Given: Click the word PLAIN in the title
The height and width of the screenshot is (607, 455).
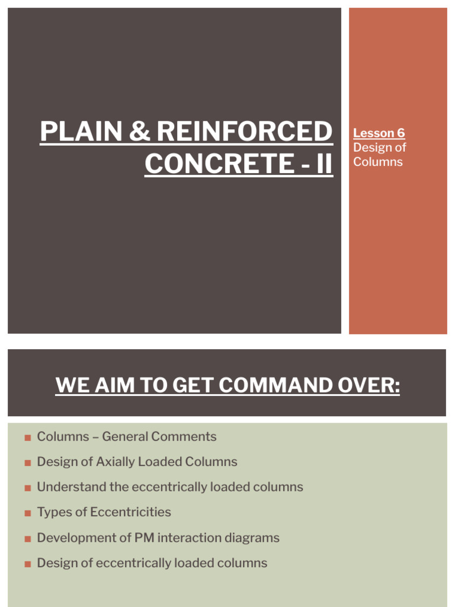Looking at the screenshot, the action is pyautogui.click(x=82, y=131).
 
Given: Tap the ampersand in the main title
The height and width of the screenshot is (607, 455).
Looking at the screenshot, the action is pyautogui.click(x=139, y=131).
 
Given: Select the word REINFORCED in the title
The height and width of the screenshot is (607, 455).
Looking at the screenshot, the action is pyautogui.click(x=244, y=131).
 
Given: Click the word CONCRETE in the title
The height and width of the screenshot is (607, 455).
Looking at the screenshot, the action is pyautogui.click(x=220, y=164).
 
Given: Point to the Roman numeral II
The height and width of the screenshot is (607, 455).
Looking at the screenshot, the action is pyautogui.click(x=324, y=164).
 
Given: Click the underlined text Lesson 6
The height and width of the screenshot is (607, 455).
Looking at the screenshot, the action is pyautogui.click(x=379, y=133).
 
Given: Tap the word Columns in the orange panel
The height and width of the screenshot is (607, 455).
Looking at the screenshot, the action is pyautogui.click(x=377, y=161).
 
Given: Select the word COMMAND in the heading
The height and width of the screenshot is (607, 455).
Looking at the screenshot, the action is pyautogui.click(x=275, y=385).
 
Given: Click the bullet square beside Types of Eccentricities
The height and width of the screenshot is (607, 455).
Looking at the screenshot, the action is pyautogui.click(x=27, y=513).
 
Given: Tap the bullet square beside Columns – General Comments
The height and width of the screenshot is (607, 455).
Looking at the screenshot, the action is pyautogui.click(x=27, y=438).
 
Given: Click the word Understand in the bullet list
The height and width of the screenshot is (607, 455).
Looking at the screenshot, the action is pyautogui.click(x=72, y=487).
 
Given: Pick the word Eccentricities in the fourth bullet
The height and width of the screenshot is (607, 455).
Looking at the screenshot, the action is pyautogui.click(x=130, y=512).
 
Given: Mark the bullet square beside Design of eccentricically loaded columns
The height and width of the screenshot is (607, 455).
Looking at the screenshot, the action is pyautogui.click(x=27, y=564).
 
